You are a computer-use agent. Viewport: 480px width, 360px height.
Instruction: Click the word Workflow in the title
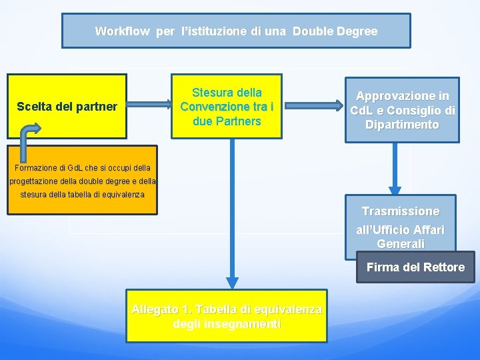(123, 31)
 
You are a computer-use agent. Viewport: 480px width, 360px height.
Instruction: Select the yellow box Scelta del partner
(67, 106)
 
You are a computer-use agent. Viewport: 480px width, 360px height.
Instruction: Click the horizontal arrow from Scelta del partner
(149, 104)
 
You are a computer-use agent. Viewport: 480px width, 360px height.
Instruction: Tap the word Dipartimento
(402, 125)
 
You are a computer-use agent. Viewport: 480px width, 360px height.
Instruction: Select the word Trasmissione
(400, 211)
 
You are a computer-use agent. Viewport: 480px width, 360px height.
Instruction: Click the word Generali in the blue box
(400, 244)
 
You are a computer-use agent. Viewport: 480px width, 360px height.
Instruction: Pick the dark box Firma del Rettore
(415, 267)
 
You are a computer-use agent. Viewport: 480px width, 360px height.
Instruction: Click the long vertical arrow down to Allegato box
(232, 213)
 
